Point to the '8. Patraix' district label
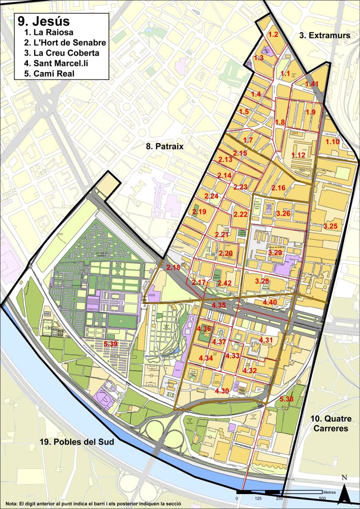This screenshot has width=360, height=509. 164,147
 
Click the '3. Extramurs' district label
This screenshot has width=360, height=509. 325,35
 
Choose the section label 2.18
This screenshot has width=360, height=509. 174,267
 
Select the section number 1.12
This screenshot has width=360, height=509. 298,155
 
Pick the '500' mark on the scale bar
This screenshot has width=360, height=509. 322,499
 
